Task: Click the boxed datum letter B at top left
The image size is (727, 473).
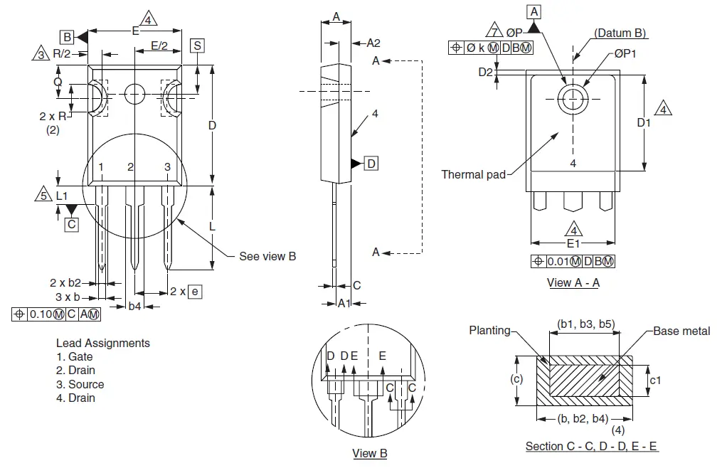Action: [x=67, y=36]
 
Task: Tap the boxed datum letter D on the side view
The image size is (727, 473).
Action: [x=371, y=164]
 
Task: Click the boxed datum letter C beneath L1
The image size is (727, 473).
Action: [x=71, y=224]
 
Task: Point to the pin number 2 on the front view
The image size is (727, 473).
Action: [x=130, y=167]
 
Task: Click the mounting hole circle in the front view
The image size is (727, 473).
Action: [x=134, y=93]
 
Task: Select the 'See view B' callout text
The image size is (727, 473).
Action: [x=267, y=256]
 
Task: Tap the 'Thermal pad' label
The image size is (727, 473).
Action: [x=473, y=174]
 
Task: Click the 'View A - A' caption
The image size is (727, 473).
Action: [x=573, y=282]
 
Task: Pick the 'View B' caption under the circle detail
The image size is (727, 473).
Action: [x=369, y=453]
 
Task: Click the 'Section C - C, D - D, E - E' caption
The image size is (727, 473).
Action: [x=591, y=446]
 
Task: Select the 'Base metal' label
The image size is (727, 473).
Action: [x=682, y=331]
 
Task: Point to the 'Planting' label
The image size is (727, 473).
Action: [x=489, y=330]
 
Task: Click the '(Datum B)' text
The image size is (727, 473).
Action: [x=620, y=33]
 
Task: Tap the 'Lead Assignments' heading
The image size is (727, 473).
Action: [x=102, y=343]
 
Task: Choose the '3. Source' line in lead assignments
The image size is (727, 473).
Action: [x=80, y=384]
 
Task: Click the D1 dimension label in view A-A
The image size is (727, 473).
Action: [x=644, y=123]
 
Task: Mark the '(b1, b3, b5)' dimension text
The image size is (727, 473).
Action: [x=585, y=324]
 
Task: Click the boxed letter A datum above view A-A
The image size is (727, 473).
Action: [x=535, y=11]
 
